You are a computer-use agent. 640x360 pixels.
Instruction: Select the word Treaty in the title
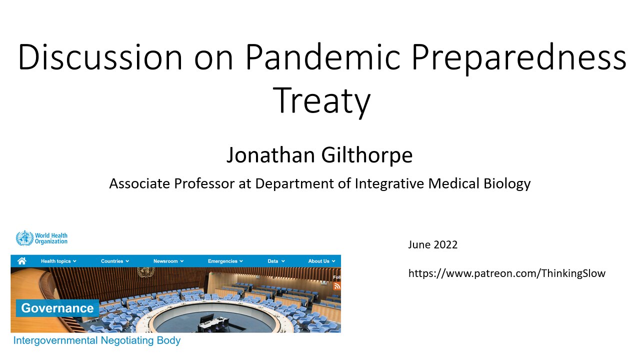pos(321,101)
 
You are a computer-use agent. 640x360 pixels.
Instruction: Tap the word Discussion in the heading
pos(100,56)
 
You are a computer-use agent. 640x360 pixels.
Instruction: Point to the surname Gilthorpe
pos(367,155)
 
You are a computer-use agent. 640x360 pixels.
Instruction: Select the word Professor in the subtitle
pos(204,183)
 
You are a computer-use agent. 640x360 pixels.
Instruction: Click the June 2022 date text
pos(432,245)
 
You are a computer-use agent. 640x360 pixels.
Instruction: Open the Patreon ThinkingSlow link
pos(507,273)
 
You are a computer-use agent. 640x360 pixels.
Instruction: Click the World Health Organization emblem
pos(24,238)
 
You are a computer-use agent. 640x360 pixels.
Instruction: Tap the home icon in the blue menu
pos(21,261)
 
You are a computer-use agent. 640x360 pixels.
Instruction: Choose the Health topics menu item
pos(58,261)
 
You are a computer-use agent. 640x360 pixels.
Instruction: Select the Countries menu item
pos(115,261)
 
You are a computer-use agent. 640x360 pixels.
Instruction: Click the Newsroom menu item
pos(168,261)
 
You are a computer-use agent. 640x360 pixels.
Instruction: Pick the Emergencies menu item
pos(225,261)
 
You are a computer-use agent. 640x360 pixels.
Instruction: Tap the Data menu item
pos(276,261)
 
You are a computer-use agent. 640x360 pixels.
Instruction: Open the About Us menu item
pos(321,261)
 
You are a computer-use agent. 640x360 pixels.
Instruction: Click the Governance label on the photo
pos(57,308)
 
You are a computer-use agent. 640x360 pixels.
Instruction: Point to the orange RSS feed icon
pos(337,286)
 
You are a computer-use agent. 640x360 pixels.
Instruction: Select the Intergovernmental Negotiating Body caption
pos(97,340)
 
